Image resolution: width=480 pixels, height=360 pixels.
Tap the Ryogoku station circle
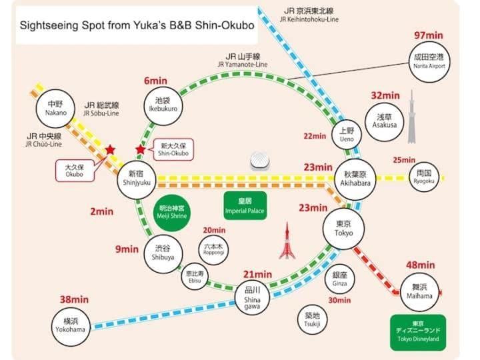click(424, 177)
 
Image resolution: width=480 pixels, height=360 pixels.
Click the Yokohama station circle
click(71, 325)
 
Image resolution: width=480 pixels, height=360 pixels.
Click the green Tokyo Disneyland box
click(418, 332)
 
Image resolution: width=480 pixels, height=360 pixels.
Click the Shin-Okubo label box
click(173, 149)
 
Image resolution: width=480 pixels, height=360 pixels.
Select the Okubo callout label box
click(73, 170)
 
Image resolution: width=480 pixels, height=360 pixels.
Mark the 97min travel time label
click(429, 35)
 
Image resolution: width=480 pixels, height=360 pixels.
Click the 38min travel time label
click(74, 299)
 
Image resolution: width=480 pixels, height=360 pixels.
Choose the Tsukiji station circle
click(312, 319)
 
